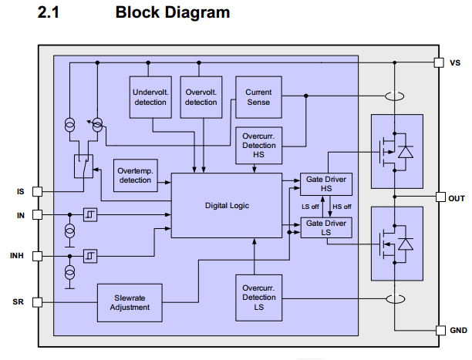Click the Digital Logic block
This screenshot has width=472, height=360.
tap(227, 206)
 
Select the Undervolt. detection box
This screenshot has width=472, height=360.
tap(150, 96)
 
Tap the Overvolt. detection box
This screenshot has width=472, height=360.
tap(201, 96)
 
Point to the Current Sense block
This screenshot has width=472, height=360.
tap(258, 96)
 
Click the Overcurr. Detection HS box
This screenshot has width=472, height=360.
tap(258, 146)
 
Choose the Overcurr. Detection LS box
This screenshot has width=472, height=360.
tap(258, 298)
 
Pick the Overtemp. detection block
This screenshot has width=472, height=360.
tap(135, 175)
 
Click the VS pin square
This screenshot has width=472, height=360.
tap(439, 62)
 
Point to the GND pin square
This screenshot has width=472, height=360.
tap(439, 331)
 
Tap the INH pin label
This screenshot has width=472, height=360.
tap(18, 255)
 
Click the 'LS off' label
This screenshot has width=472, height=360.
tap(310, 206)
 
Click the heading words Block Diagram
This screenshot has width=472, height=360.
tap(172, 13)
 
